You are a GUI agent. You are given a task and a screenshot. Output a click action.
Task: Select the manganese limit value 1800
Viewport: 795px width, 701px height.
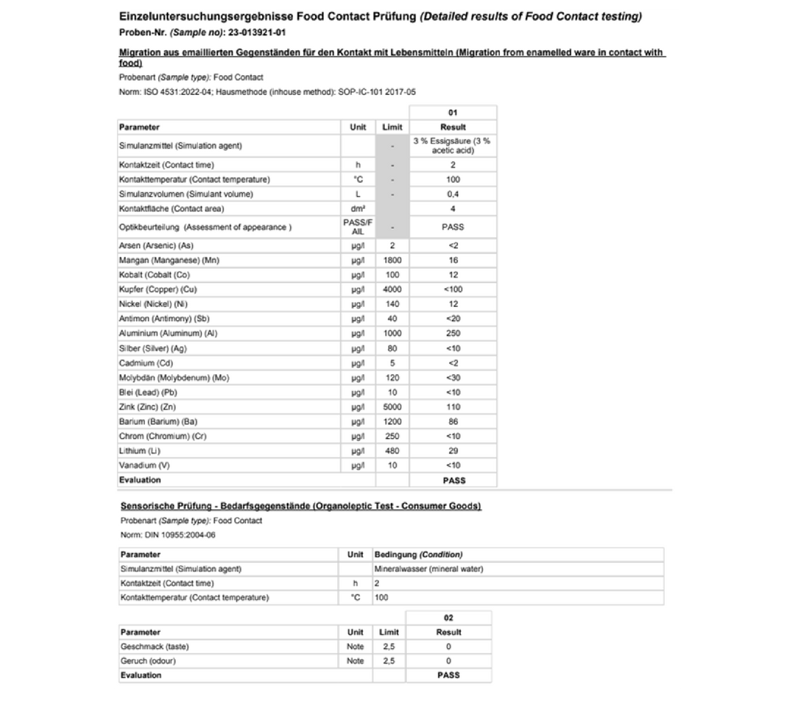pyautogui.click(x=392, y=260)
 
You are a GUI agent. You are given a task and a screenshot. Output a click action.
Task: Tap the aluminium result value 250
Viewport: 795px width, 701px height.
pyautogui.click(x=453, y=334)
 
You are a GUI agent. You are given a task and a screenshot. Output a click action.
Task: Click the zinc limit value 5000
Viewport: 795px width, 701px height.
pyautogui.click(x=392, y=407)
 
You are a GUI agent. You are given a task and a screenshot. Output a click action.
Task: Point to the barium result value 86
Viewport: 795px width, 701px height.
pyautogui.click(x=453, y=422)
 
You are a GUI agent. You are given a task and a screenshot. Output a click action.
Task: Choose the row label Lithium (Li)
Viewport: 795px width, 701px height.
pyautogui.click(x=140, y=451)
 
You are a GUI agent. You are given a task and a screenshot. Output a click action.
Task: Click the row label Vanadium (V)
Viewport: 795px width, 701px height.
pyautogui.click(x=144, y=465)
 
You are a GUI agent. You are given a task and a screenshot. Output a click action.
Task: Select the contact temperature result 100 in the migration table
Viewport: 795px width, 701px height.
pyautogui.click(x=453, y=180)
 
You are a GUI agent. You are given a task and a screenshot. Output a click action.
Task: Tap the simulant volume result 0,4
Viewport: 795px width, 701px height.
pyautogui.click(x=453, y=194)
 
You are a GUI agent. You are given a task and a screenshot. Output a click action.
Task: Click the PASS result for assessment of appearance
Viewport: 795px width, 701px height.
pyautogui.click(x=453, y=227)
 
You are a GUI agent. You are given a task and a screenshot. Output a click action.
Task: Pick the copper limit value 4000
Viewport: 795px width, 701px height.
pyautogui.click(x=392, y=289)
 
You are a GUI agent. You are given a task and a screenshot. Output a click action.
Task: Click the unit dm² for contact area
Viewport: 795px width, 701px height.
pyautogui.click(x=358, y=209)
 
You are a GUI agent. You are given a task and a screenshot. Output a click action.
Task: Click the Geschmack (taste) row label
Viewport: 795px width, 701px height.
pyautogui.click(x=155, y=647)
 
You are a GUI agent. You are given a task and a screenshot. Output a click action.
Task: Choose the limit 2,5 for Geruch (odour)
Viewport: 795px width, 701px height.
pyautogui.click(x=389, y=661)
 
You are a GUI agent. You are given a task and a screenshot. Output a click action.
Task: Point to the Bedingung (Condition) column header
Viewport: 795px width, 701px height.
pyautogui.click(x=419, y=554)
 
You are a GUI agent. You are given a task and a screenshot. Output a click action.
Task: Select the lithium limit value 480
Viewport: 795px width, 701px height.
pyautogui.click(x=392, y=451)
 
